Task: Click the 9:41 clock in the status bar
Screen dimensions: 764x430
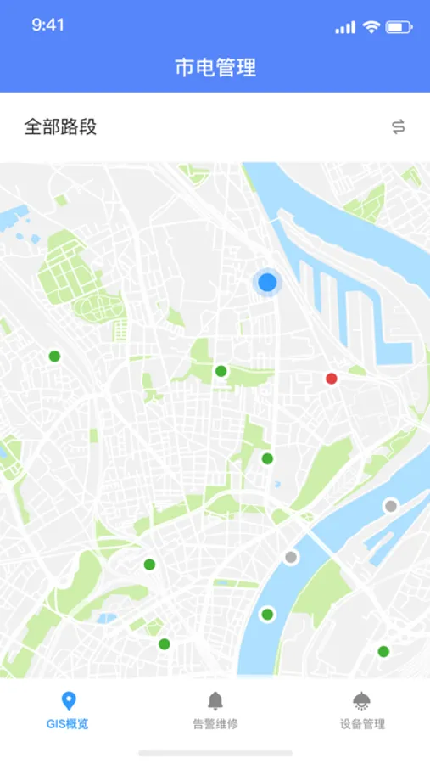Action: pyautogui.click(x=48, y=25)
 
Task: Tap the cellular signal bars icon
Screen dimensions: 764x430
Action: pyautogui.click(x=345, y=27)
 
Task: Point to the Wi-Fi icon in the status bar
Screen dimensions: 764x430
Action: pyautogui.click(x=371, y=26)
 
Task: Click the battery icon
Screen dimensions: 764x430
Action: pyautogui.click(x=399, y=26)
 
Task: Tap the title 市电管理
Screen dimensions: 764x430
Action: pyautogui.click(x=215, y=68)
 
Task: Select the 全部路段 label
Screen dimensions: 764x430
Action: pyautogui.click(x=60, y=127)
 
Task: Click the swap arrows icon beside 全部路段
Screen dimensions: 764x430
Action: pyautogui.click(x=399, y=127)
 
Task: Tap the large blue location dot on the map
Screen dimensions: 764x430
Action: pyautogui.click(x=267, y=282)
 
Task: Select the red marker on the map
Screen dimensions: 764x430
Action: pyautogui.click(x=332, y=379)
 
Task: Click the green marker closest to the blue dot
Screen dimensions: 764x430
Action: pyautogui.click(x=221, y=371)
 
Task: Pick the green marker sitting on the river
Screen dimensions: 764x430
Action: pyautogui.click(x=267, y=614)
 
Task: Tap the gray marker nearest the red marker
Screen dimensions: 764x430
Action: pyautogui.click(x=391, y=506)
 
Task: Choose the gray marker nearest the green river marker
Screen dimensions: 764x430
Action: pyautogui.click(x=291, y=558)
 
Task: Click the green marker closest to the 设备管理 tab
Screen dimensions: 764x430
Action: pyautogui.click(x=383, y=651)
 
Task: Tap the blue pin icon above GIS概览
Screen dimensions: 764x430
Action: pyautogui.click(x=70, y=700)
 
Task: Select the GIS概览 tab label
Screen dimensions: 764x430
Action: pyautogui.click(x=69, y=724)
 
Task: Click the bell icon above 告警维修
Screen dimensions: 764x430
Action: pyautogui.click(x=215, y=700)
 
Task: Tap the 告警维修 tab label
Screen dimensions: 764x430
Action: pyautogui.click(x=215, y=724)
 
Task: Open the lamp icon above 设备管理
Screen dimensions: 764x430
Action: pyautogui.click(x=362, y=700)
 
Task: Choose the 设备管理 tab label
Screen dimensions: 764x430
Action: pyautogui.click(x=362, y=724)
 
